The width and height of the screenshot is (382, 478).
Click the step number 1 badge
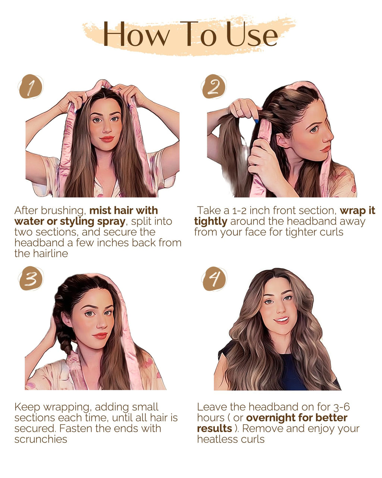31,87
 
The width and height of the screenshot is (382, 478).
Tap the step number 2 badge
214,87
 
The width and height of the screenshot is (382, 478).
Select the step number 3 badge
31,279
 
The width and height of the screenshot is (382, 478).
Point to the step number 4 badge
214,279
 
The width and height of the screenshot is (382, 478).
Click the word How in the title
136,34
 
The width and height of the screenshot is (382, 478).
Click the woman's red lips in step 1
107,139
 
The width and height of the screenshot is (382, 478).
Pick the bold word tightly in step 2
210,221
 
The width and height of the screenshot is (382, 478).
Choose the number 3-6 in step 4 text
339,407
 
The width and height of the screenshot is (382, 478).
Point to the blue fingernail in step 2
257,121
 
